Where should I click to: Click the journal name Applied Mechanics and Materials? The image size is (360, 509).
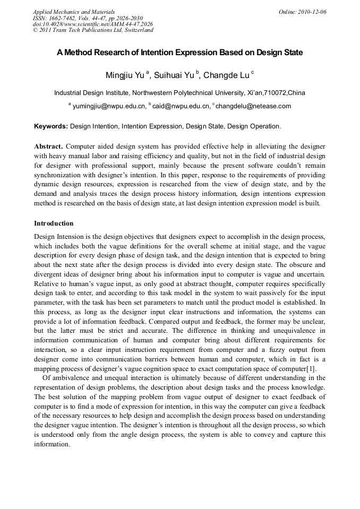(74, 11)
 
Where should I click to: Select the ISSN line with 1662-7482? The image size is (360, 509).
(88, 18)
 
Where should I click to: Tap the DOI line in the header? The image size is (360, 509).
(92, 24)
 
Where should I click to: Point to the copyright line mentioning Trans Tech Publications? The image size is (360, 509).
(93, 30)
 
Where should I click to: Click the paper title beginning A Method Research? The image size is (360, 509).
(180, 53)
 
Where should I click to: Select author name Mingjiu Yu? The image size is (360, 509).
(124, 75)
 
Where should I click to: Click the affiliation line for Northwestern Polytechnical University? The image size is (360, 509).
(179, 93)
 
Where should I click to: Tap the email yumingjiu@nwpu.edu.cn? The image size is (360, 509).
(109, 106)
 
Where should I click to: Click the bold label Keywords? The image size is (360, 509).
(51, 127)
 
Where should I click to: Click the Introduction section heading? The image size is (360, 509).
(54, 223)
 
